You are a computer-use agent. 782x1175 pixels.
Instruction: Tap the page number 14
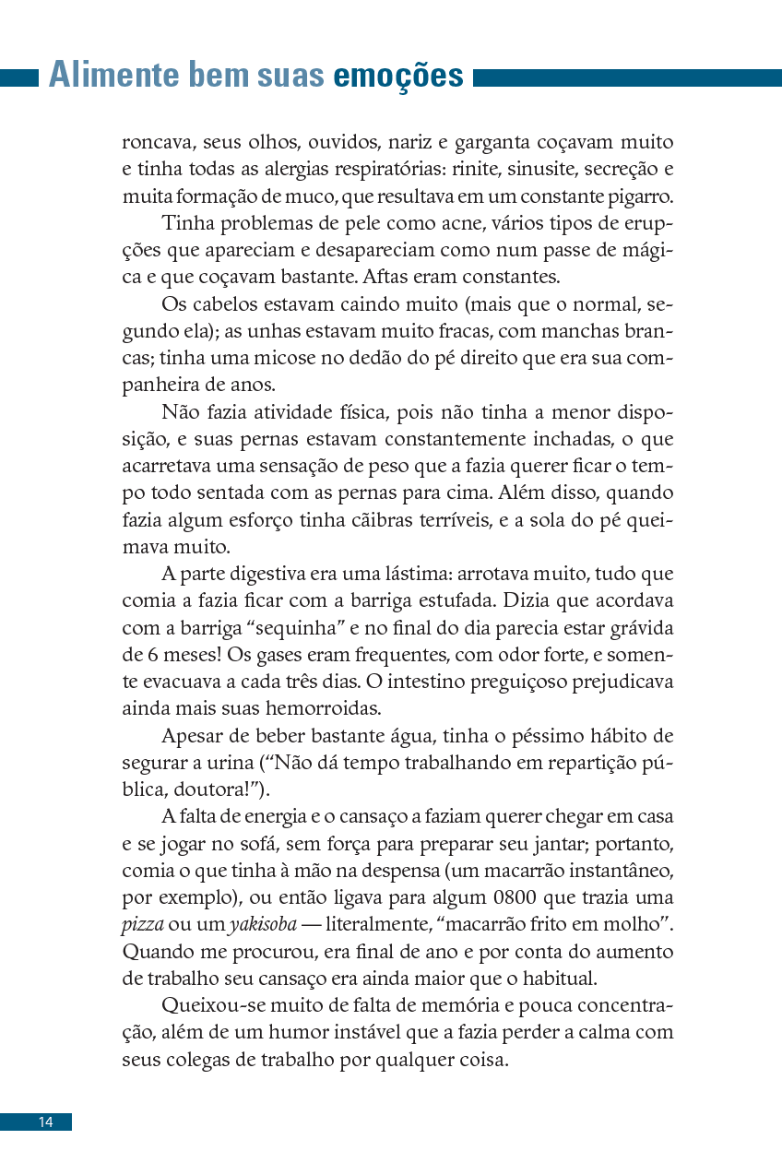(45, 1122)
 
